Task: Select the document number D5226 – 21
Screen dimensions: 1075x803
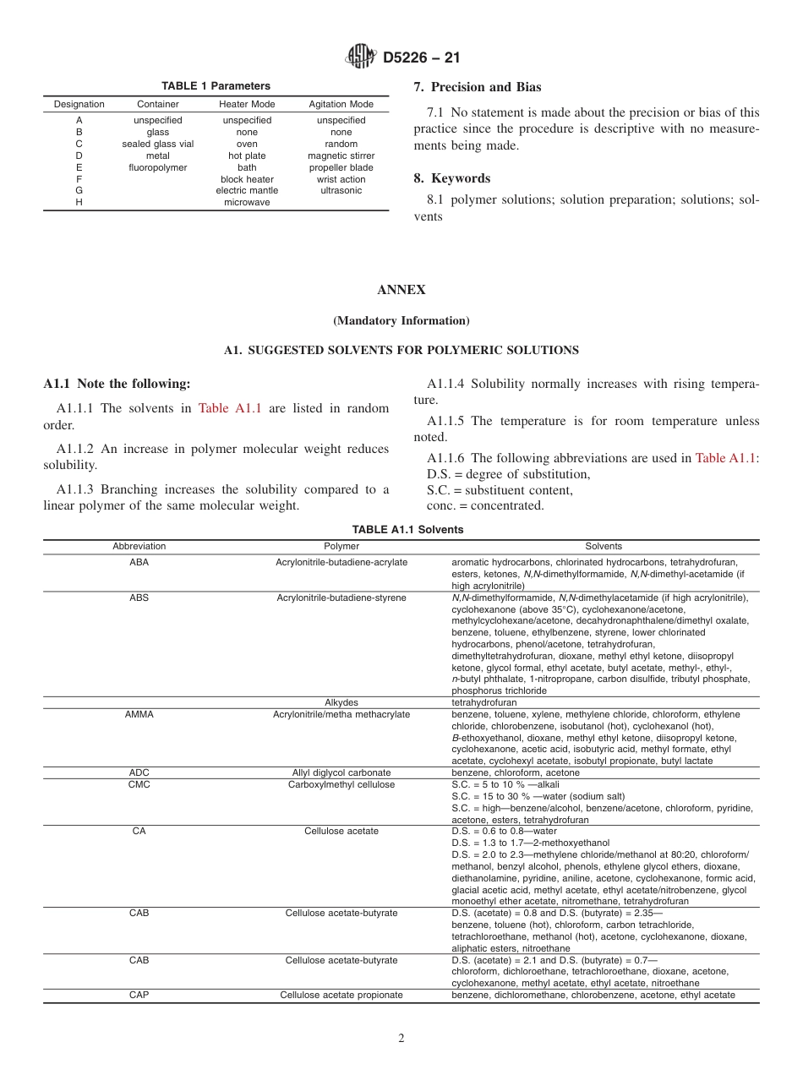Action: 421,58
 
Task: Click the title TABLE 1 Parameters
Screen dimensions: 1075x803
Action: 216,86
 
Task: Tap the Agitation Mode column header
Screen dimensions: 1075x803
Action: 341,104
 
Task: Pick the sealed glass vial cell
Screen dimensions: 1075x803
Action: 157,144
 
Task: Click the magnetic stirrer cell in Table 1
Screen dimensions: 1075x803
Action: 341,156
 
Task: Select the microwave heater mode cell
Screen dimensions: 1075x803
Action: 247,203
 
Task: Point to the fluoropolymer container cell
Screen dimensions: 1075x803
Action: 157,167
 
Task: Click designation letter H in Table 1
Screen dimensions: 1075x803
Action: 79,203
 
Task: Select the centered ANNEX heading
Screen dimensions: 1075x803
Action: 401,290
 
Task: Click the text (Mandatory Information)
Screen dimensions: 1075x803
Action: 401,321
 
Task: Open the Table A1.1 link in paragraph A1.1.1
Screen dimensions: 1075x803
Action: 229,408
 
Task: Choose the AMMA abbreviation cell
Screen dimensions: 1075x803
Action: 139,714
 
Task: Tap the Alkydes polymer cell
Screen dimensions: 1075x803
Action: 341,702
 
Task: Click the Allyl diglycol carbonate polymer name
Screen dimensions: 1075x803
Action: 341,772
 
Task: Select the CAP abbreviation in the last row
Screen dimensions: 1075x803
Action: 139,995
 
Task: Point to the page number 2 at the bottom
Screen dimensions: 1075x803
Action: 401,1039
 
